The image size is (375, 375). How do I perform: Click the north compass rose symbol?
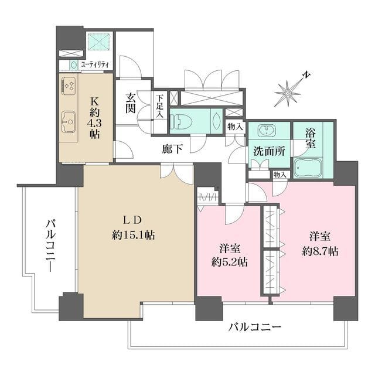tap(289, 92)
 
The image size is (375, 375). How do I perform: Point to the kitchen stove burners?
tap(68, 86)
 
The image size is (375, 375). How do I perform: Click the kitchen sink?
tap(68, 121)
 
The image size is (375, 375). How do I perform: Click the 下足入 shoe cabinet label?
tap(160, 106)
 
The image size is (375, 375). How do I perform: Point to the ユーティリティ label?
tap(96, 64)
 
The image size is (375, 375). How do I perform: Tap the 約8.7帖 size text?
tap(320, 251)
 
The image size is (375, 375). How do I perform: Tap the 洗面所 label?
tap(269, 151)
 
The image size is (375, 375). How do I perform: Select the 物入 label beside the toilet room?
tap(236, 126)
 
